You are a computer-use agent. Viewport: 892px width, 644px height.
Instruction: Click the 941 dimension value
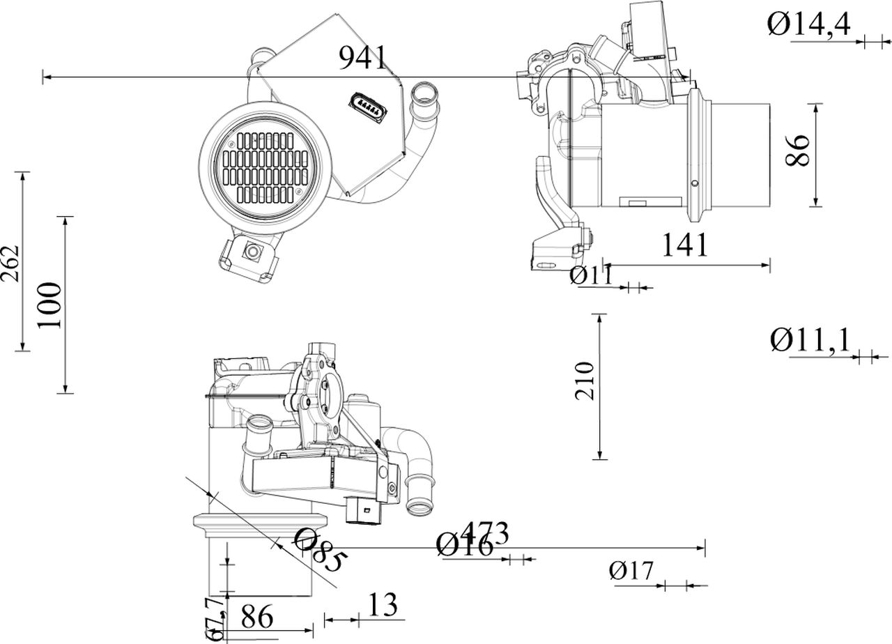coord(362,58)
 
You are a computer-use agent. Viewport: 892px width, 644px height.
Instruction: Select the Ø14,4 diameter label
coord(809,26)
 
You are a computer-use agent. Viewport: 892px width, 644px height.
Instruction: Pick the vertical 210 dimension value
coord(585,381)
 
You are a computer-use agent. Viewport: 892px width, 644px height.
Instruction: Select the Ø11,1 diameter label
coord(810,341)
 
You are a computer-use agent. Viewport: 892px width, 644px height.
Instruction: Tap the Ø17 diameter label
coord(631,572)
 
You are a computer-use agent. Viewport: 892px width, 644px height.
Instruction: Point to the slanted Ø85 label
coord(321,551)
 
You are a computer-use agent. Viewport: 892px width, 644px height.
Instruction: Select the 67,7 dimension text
coord(216,618)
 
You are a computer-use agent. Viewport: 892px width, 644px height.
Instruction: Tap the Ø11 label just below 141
coord(590,275)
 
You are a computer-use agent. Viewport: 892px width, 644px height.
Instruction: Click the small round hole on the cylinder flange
coord(694,183)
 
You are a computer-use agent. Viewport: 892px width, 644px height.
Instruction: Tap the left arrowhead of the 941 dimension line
coord(45,77)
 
